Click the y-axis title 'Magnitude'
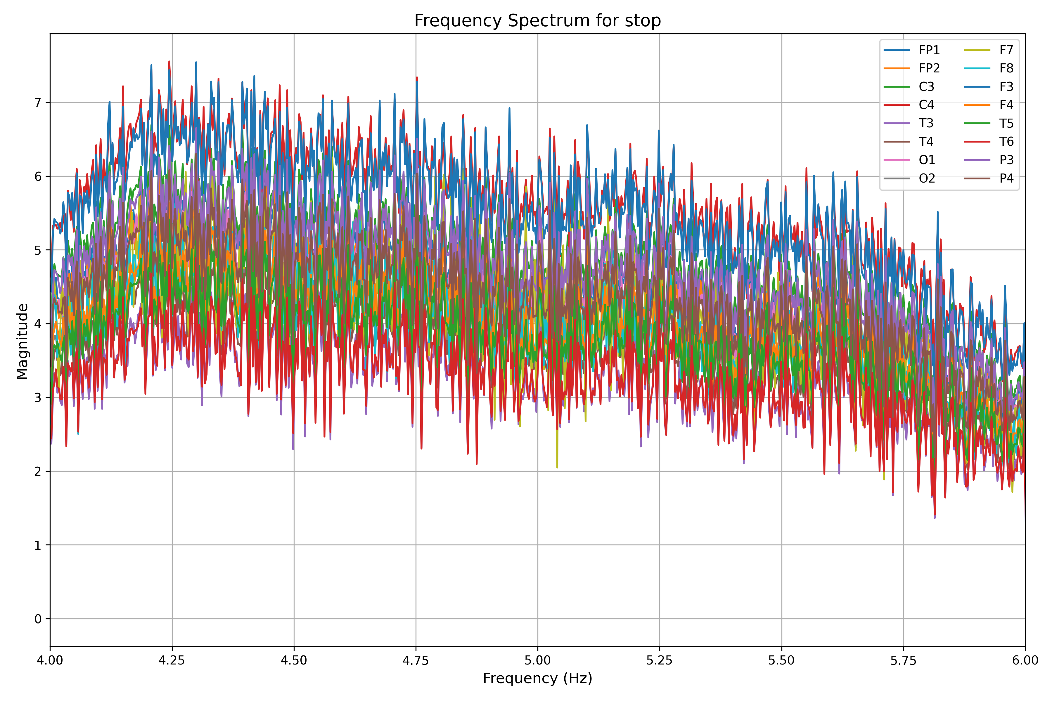pyautogui.click(x=23, y=341)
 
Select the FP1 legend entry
pyautogui.click(x=929, y=50)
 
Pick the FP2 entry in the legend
pyautogui.click(x=929, y=68)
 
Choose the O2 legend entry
pyautogui.click(x=927, y=178)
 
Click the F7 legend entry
pyautogui.click(x=1006, y=50)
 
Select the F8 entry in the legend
pyautogui.click(x=1006, y=68)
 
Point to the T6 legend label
pyautogui.click(x=1006, y=142)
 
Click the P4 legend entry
pyautogui.click(x=1006, y=178)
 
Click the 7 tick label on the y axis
pyautogui.click(x=38, y=103)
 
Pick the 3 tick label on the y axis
pyautogui.click(x=38, y=398)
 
